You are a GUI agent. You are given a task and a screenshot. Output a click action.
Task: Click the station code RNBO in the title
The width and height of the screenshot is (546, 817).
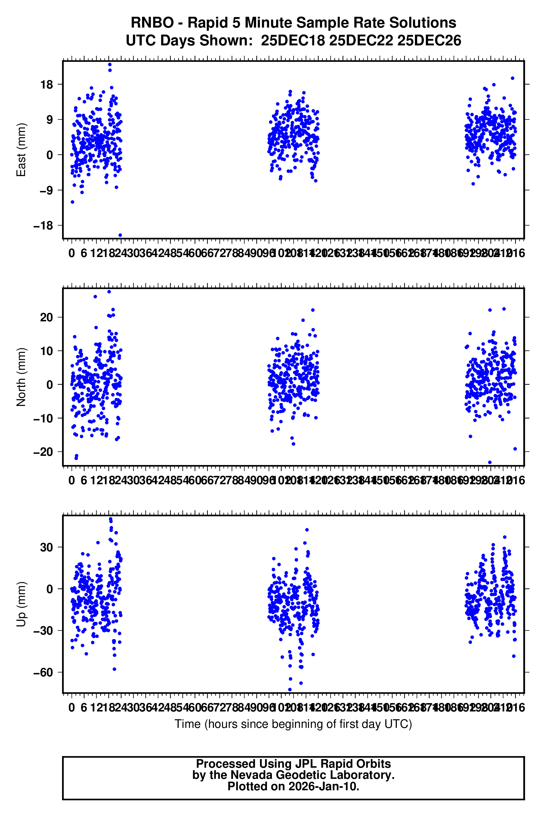tap(152, 23)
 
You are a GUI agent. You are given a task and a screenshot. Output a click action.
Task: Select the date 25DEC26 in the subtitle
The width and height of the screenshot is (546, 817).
tap(429, 41)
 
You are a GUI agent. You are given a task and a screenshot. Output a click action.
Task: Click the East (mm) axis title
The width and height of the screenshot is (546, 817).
tap(21, 150)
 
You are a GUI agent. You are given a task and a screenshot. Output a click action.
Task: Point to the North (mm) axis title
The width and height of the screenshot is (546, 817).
tap(21, 377)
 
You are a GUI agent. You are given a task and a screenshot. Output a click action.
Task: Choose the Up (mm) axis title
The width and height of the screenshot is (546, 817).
tap(21, 604)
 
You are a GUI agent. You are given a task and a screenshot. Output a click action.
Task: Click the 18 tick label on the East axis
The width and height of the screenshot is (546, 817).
tap(46, 85)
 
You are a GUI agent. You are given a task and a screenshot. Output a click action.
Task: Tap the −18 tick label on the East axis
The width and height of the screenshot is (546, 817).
tap(43, 226)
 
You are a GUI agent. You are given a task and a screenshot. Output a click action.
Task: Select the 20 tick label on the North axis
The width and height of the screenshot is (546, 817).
tap(46, 317)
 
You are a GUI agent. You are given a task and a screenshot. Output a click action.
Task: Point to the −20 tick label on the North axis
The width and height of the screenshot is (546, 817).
tap(43, 452)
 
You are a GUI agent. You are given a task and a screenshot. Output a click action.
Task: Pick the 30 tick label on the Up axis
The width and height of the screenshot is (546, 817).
tap(46, 547)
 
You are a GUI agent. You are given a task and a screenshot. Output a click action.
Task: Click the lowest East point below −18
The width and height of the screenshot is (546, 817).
tap(120, 235)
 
